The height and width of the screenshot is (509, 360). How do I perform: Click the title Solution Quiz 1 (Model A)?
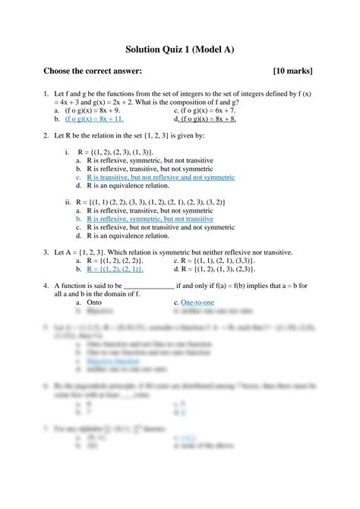179,50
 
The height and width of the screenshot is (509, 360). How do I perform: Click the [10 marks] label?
292,71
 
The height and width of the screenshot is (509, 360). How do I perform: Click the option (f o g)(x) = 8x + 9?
95,110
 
